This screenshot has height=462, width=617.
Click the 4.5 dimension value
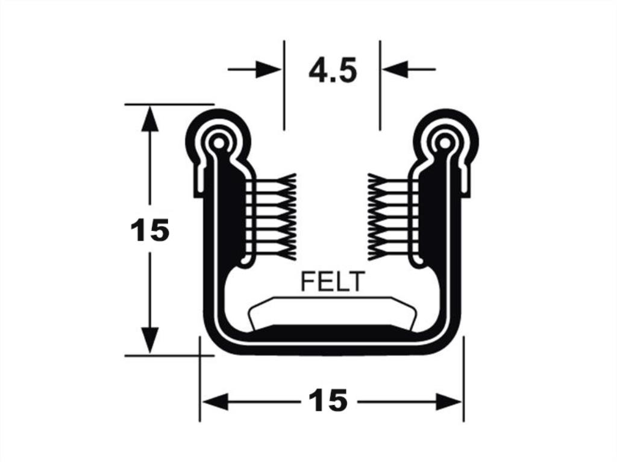333,70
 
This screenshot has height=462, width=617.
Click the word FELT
332,282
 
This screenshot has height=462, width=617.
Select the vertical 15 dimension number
149,230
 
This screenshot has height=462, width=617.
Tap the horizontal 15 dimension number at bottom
328,401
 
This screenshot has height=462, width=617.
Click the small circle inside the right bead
444,143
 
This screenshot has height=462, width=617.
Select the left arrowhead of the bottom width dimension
215,402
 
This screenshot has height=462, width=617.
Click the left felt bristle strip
271,216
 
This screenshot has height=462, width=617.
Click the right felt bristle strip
392,217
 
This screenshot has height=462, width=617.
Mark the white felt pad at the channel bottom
332,312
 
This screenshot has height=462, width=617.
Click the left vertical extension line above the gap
284,85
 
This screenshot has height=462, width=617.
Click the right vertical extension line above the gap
380,85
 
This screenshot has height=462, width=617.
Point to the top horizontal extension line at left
169,105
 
